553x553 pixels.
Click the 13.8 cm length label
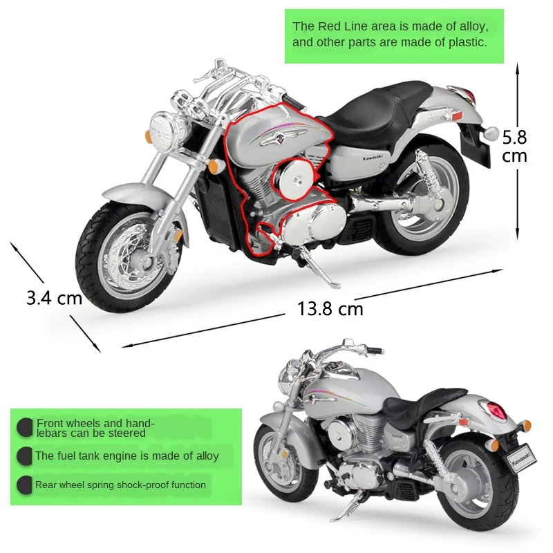coord(330,308)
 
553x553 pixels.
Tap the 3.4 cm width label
coord(54,298)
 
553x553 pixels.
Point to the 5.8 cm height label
coord(514,146)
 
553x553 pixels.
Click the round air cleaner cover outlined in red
coord(294,180)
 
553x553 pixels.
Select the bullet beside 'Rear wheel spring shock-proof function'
coord(25,485)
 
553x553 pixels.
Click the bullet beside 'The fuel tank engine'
coord(25,456)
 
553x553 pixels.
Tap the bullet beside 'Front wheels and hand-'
coord(25,427)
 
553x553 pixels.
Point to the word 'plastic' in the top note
coord(467,42)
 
